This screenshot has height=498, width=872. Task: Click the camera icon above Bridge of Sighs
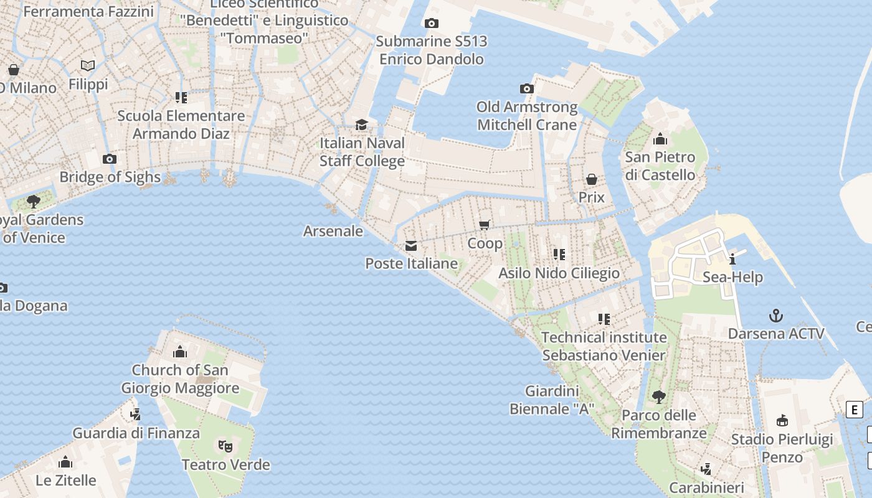pos(110,159)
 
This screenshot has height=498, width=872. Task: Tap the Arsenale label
pos(333,231)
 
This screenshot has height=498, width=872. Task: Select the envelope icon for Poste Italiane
pos(411,246)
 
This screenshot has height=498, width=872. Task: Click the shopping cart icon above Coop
pos(485,225)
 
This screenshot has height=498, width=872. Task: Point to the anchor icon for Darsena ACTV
pos(775,316)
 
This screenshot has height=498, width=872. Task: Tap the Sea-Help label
pos(732,277)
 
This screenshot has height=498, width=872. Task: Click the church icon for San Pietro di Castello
pos(660,139)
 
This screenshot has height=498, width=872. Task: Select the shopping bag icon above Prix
pos(592,179)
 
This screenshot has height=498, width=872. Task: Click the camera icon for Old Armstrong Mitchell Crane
pos(527,88)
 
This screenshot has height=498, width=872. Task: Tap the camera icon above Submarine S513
pos(431,24)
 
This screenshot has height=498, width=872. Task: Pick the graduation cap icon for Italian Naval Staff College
pos(361,125)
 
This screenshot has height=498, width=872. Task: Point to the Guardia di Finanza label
pos(136,433)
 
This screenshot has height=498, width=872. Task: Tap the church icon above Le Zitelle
pos(65,462)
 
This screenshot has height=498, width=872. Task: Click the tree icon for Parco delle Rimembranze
pos(658,397)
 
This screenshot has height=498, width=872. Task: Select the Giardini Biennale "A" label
pos(552,400)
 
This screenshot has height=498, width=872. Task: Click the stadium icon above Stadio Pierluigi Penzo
pos(782,421)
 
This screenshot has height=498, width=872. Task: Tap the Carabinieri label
pos(706,487)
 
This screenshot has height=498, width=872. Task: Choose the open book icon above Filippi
pos(88,65)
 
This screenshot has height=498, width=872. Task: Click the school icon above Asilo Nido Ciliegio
pos(559,255)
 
